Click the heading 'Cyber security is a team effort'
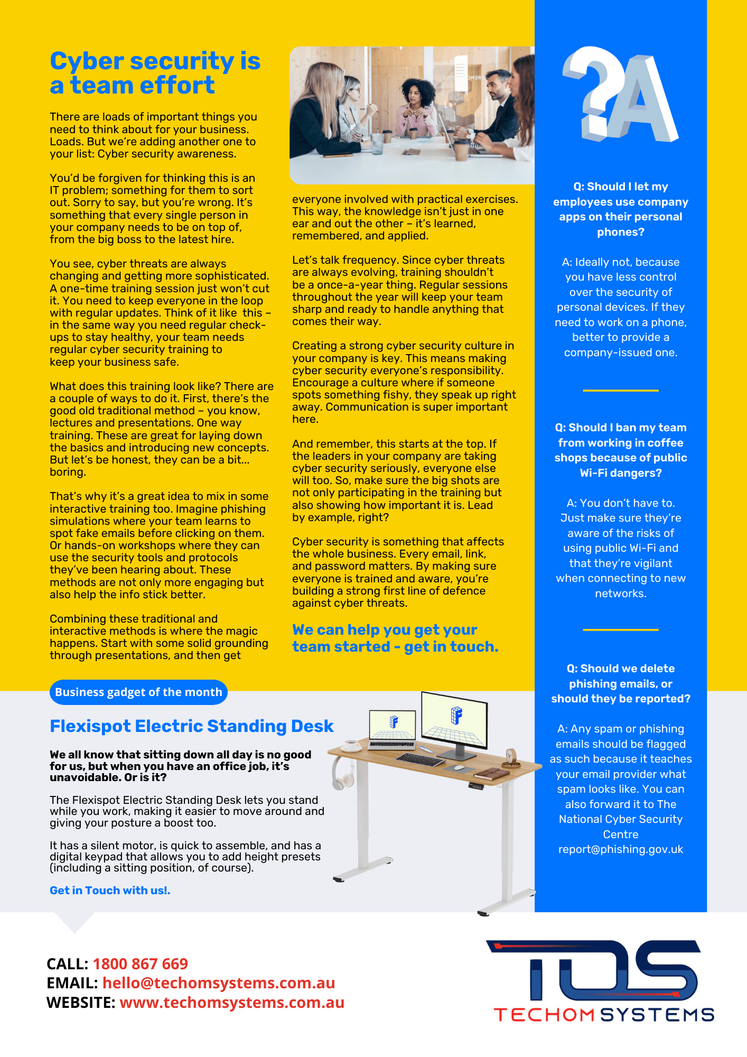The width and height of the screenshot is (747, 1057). [x=155, y=73]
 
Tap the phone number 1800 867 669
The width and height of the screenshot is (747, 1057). [x=141, y=963]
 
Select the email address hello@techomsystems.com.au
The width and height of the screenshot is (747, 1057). [x=219, y=982]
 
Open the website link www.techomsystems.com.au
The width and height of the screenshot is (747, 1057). [x=232, y=1002]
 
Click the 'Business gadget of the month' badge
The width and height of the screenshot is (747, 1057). [x=138, y=692]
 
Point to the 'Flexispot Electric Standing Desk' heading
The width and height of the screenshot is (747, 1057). [x=191, y=726]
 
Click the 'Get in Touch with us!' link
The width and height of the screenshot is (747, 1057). [x=110, y=890]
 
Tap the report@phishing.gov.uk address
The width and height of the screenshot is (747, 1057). [x=621, y=849]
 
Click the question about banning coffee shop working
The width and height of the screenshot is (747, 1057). [x=621, y=450]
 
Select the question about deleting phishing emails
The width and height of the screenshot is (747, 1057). [x=621, y=683]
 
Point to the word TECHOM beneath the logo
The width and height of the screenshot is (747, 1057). [x=545, y=1015]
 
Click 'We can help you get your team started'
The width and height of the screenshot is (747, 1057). [x=395, y=638]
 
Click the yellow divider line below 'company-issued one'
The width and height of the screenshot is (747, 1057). [x=621, y=391]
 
